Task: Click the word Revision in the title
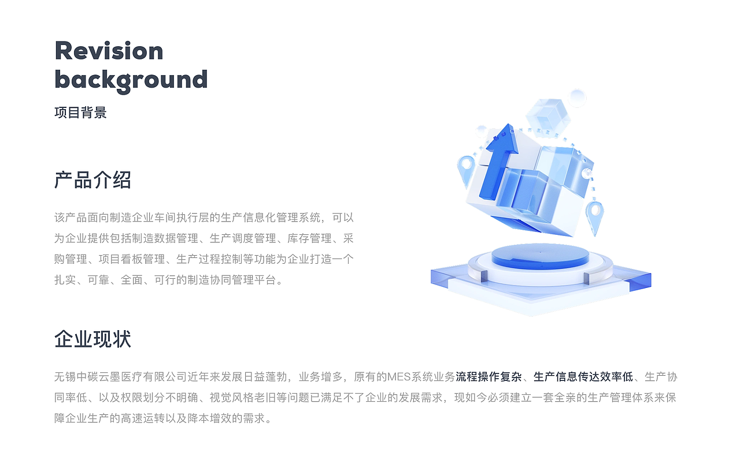(x=109, y=51)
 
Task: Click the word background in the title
(x=131, y=80)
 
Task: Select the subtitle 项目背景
(x=80, y=113)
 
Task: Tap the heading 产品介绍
(x=93, y=180)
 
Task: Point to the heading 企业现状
(x=93, y=339)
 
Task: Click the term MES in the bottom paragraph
(x=399, y=377)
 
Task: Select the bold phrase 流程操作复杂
(x=489, y=377)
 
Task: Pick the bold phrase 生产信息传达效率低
(x=583, y=377)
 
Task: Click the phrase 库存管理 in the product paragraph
(x=309, y=238)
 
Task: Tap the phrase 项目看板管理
(x=131, y=259)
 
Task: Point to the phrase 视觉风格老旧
(x=242, y=398)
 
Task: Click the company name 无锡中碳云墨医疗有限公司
(x=121, y=377)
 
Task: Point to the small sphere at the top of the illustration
(x=577, y=98)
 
